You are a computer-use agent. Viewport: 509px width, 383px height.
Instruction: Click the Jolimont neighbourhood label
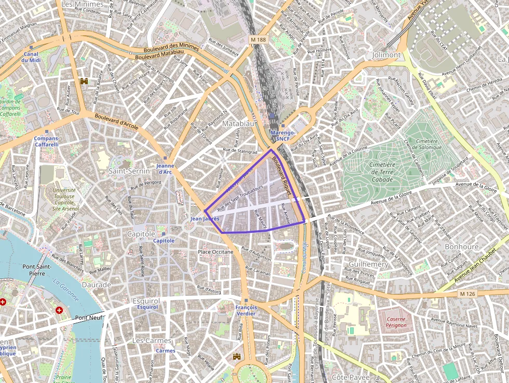click(x=386, y=55)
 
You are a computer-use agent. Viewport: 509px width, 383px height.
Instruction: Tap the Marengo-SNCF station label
click(x=283, y=136)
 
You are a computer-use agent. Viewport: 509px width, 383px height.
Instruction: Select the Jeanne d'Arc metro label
click(x=165, y=169)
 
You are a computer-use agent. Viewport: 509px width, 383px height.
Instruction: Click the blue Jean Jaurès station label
click(x=205, y=219)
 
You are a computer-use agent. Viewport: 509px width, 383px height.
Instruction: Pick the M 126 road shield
click(x=467, y=294)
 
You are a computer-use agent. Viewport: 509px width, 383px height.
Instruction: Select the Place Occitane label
click(x=216, y=252)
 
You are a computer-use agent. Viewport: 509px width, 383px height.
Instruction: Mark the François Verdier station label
click(x=246, y=310)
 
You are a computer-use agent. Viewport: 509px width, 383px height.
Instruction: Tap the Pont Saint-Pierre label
click(x=36, y=270)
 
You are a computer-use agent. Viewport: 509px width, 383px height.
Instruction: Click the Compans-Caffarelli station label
click(x=47, y=141)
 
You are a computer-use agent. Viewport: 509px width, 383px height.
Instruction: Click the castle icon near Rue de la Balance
click(x=84, y=81)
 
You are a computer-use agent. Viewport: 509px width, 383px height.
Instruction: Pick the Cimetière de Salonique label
click(x=428, y=144)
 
